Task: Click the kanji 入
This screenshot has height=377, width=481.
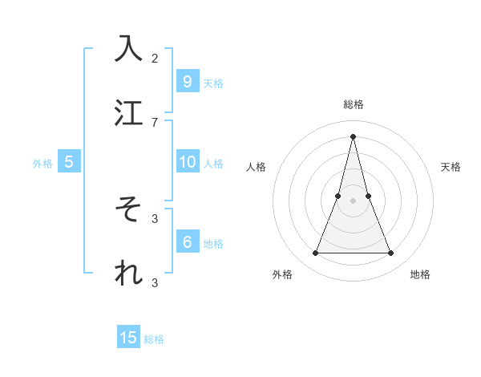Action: pyautogui.click(x=129, y=48)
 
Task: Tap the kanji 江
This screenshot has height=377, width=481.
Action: pyautogui.click(x=129, y=112)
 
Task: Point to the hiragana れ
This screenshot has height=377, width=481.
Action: pyautogui.click(x=129, y=274)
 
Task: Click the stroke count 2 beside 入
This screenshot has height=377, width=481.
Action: pyautogui.click(x=155, y=58)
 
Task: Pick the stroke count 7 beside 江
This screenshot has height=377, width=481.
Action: pyautogui.click(x=155, y=122)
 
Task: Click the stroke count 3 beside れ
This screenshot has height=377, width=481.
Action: pyautogui.click(x=155, y=282)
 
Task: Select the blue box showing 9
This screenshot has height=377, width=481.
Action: pyautogui.click(x=187, y=81)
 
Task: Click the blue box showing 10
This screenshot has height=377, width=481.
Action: pyautogui.click(x=187, y=162)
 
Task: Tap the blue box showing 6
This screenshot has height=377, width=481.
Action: pyautogui.click(x=187, y=242)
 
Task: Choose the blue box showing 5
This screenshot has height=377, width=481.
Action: pyautogui.click(x=69, y=162)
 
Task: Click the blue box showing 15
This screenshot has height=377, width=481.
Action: pyautogui.click(x=128, y=338)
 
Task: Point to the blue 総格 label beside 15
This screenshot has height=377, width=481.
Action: pyautogui.click(x=154, y=339)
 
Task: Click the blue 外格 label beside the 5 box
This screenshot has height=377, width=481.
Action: pyautogui.click(x=42, y=164)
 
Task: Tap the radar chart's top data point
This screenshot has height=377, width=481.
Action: pyautogui.click(x=353, y=136)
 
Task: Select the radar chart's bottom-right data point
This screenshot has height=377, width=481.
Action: pyautogui.click(x=391, y=253)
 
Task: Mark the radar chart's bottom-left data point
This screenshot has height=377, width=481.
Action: pyautogui.click(x=315, y=253)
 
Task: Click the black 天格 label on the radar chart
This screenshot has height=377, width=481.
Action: pyautogui.click(x=451, y=167)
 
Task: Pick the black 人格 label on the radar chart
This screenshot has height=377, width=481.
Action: pyautogui.click(x=256, y=167)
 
